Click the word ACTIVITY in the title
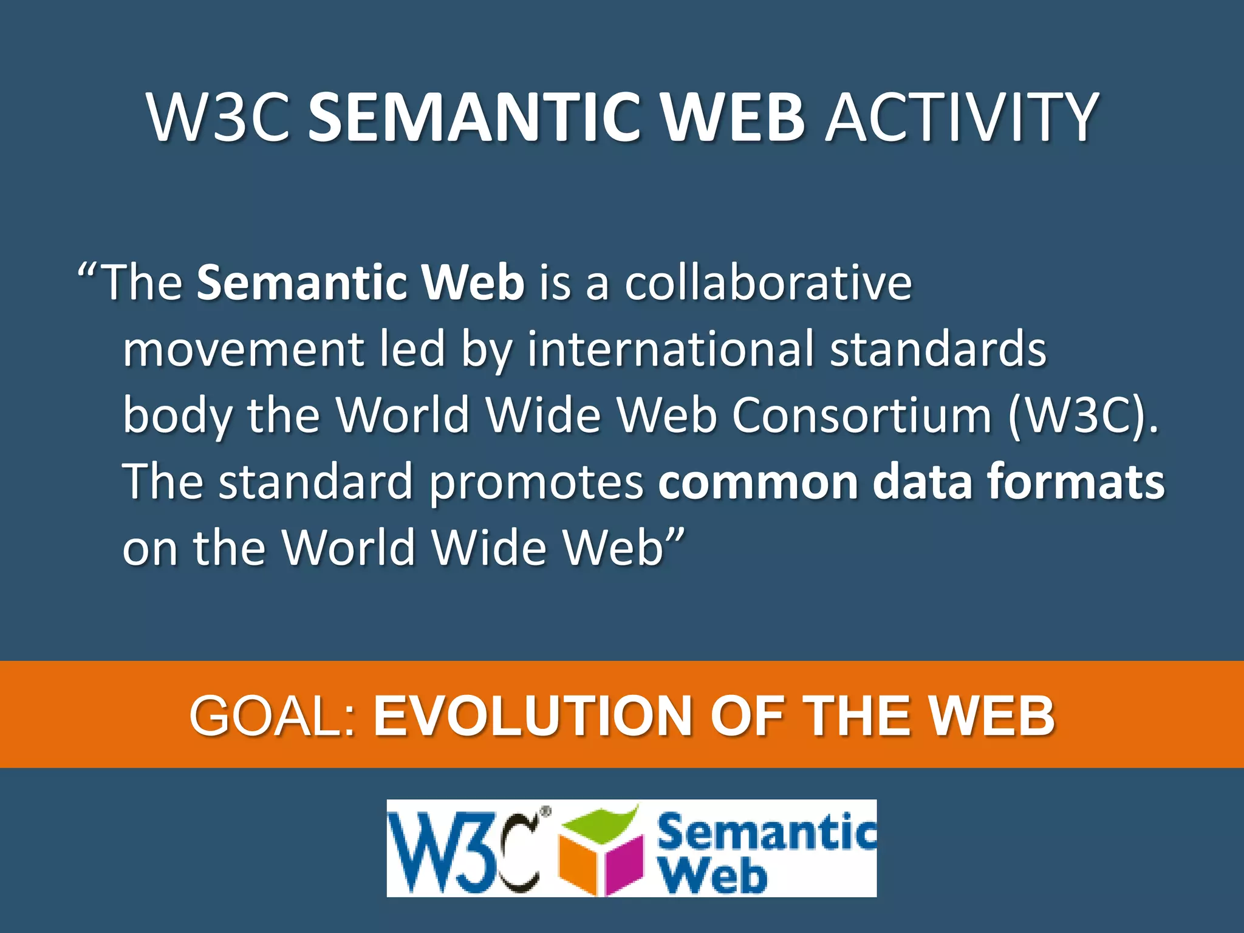coord(961,117)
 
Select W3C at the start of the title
coord(219,117)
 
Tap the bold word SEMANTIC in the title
coord(476,117)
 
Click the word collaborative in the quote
coord(768,282)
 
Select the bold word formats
coord(1076,482)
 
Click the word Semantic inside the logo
coord(767,833)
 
